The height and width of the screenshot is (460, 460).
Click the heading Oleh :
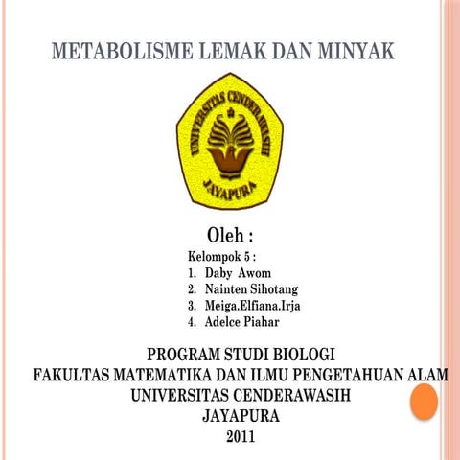click(x=230, y=236)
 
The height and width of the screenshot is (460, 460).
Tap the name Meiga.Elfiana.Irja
click(x=252, y=306)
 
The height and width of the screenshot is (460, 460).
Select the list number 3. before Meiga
click(x=193, y=306)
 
